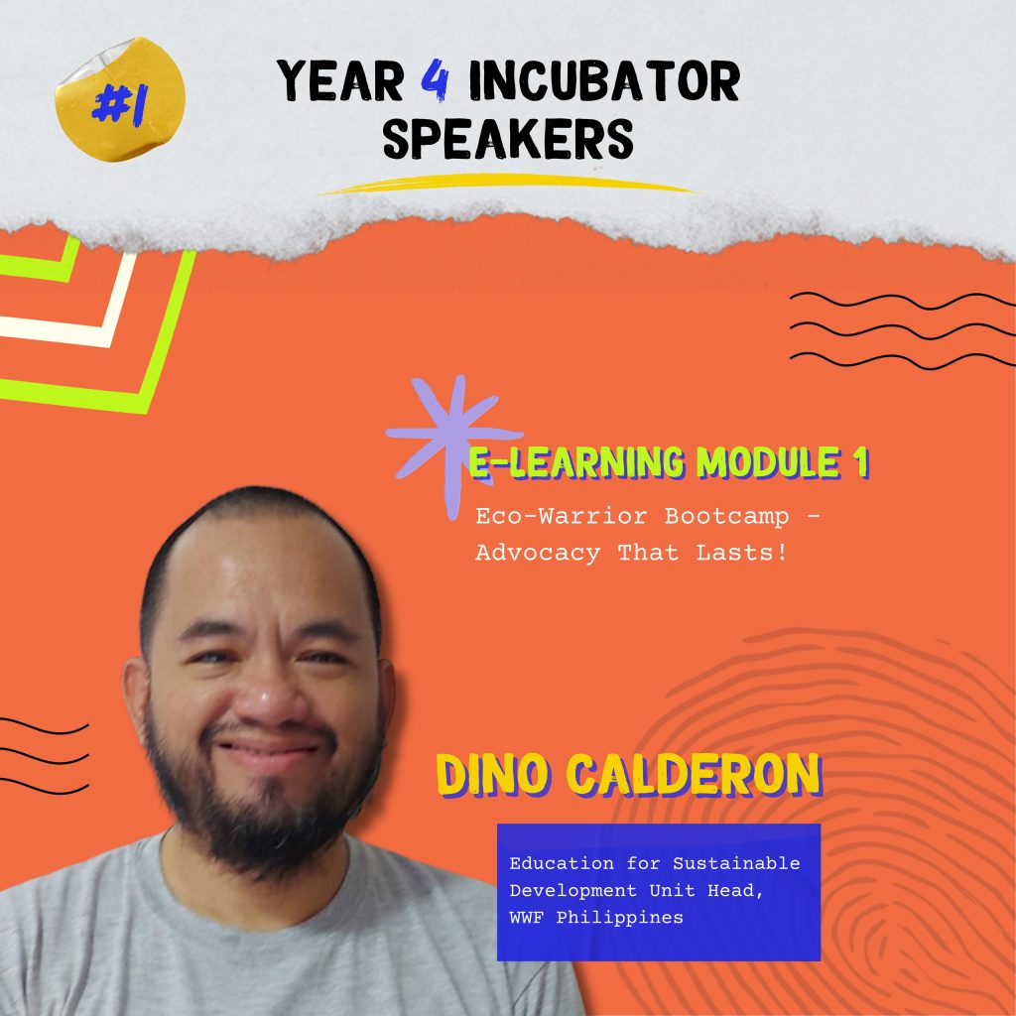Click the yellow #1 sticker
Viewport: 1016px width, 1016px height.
pos(120,98)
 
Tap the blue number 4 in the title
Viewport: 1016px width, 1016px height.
pos(435,80)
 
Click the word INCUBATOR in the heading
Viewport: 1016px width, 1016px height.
pos(604,80)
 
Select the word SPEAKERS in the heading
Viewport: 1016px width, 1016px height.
pos(508,138)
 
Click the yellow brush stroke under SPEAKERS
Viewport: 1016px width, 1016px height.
pos(509,184)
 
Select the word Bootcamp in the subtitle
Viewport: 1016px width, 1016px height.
pos(727,516)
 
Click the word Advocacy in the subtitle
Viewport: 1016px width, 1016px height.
pos(538,553)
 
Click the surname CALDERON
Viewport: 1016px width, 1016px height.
pos(695,774)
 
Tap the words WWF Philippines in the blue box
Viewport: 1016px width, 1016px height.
pos(596,918)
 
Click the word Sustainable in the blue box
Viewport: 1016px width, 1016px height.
pos(736,864)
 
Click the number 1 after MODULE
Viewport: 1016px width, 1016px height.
pos(861,462)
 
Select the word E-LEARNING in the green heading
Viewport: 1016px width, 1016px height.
pos(576,462)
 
